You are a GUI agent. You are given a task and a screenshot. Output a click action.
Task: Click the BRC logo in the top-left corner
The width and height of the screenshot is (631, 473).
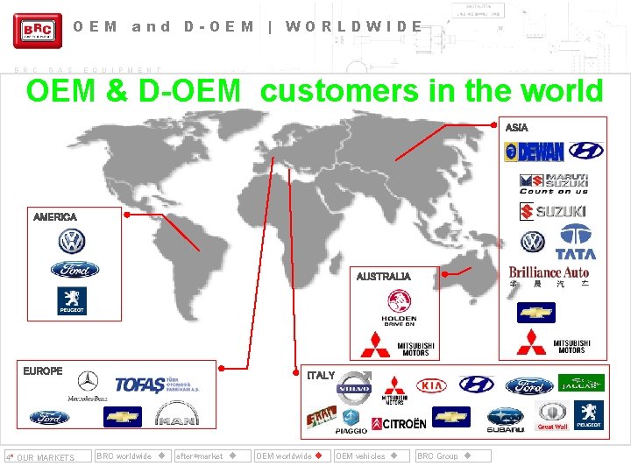(38, 31)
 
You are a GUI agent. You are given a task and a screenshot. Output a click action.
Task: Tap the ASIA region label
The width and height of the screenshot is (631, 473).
(517, 128)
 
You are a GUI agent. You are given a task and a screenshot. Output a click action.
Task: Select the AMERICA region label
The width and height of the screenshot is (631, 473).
(55, 216)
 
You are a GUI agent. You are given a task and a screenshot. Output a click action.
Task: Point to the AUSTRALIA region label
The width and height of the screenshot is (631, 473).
(383, 277)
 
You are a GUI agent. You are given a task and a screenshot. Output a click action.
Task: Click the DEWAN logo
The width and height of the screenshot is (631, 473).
(535, 152)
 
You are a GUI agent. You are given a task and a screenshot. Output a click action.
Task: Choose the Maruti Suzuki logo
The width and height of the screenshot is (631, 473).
(554, 183)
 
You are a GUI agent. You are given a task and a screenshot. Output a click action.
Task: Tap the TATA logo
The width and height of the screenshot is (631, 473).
(575, 242)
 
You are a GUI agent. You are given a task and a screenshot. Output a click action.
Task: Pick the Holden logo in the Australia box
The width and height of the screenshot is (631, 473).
(399, 307)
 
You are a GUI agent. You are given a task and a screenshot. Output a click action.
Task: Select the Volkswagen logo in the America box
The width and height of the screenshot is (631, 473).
(72, 242)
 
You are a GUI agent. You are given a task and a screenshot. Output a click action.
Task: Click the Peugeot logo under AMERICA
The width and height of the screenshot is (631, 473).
(72, 300)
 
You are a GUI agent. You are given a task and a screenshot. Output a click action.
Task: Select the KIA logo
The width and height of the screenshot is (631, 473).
(431, 385)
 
